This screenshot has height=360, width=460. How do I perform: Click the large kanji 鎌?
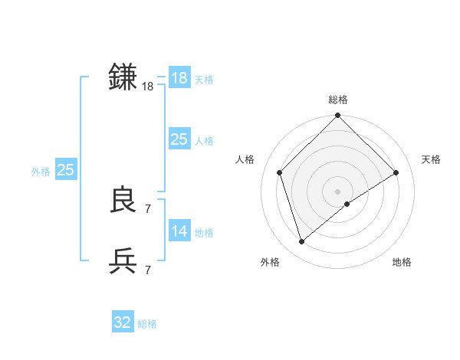click(123, 77)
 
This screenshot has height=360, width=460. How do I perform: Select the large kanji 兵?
click(123, 260)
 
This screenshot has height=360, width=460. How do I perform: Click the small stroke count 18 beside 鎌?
click(148, 87)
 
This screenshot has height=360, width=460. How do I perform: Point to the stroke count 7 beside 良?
click(148, 208)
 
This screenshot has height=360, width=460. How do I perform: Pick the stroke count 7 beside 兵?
click(148, 270)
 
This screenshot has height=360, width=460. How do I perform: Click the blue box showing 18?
click(179, 78)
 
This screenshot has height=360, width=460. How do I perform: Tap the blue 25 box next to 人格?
click(179, 139)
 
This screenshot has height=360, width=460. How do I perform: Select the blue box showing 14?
click(179, 231)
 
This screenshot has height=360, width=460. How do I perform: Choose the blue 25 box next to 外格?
click(65, 170)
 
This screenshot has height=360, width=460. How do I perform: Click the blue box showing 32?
click(123, 322)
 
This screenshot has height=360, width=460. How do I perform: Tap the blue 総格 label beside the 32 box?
click(147, 324)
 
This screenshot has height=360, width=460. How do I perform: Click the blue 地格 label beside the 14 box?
click(204, 233)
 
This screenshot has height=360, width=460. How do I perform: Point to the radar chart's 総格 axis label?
click(337, 100)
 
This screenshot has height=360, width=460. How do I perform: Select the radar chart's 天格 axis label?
click(431, 159)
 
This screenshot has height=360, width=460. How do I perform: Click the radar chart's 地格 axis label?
click(402, 263)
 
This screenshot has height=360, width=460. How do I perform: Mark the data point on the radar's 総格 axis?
click(337, 116)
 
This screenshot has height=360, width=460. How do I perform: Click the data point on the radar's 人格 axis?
click(280, 172)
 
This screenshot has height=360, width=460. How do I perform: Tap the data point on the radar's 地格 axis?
click(347, 204)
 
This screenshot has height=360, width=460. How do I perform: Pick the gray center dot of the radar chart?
click(337, 191)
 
